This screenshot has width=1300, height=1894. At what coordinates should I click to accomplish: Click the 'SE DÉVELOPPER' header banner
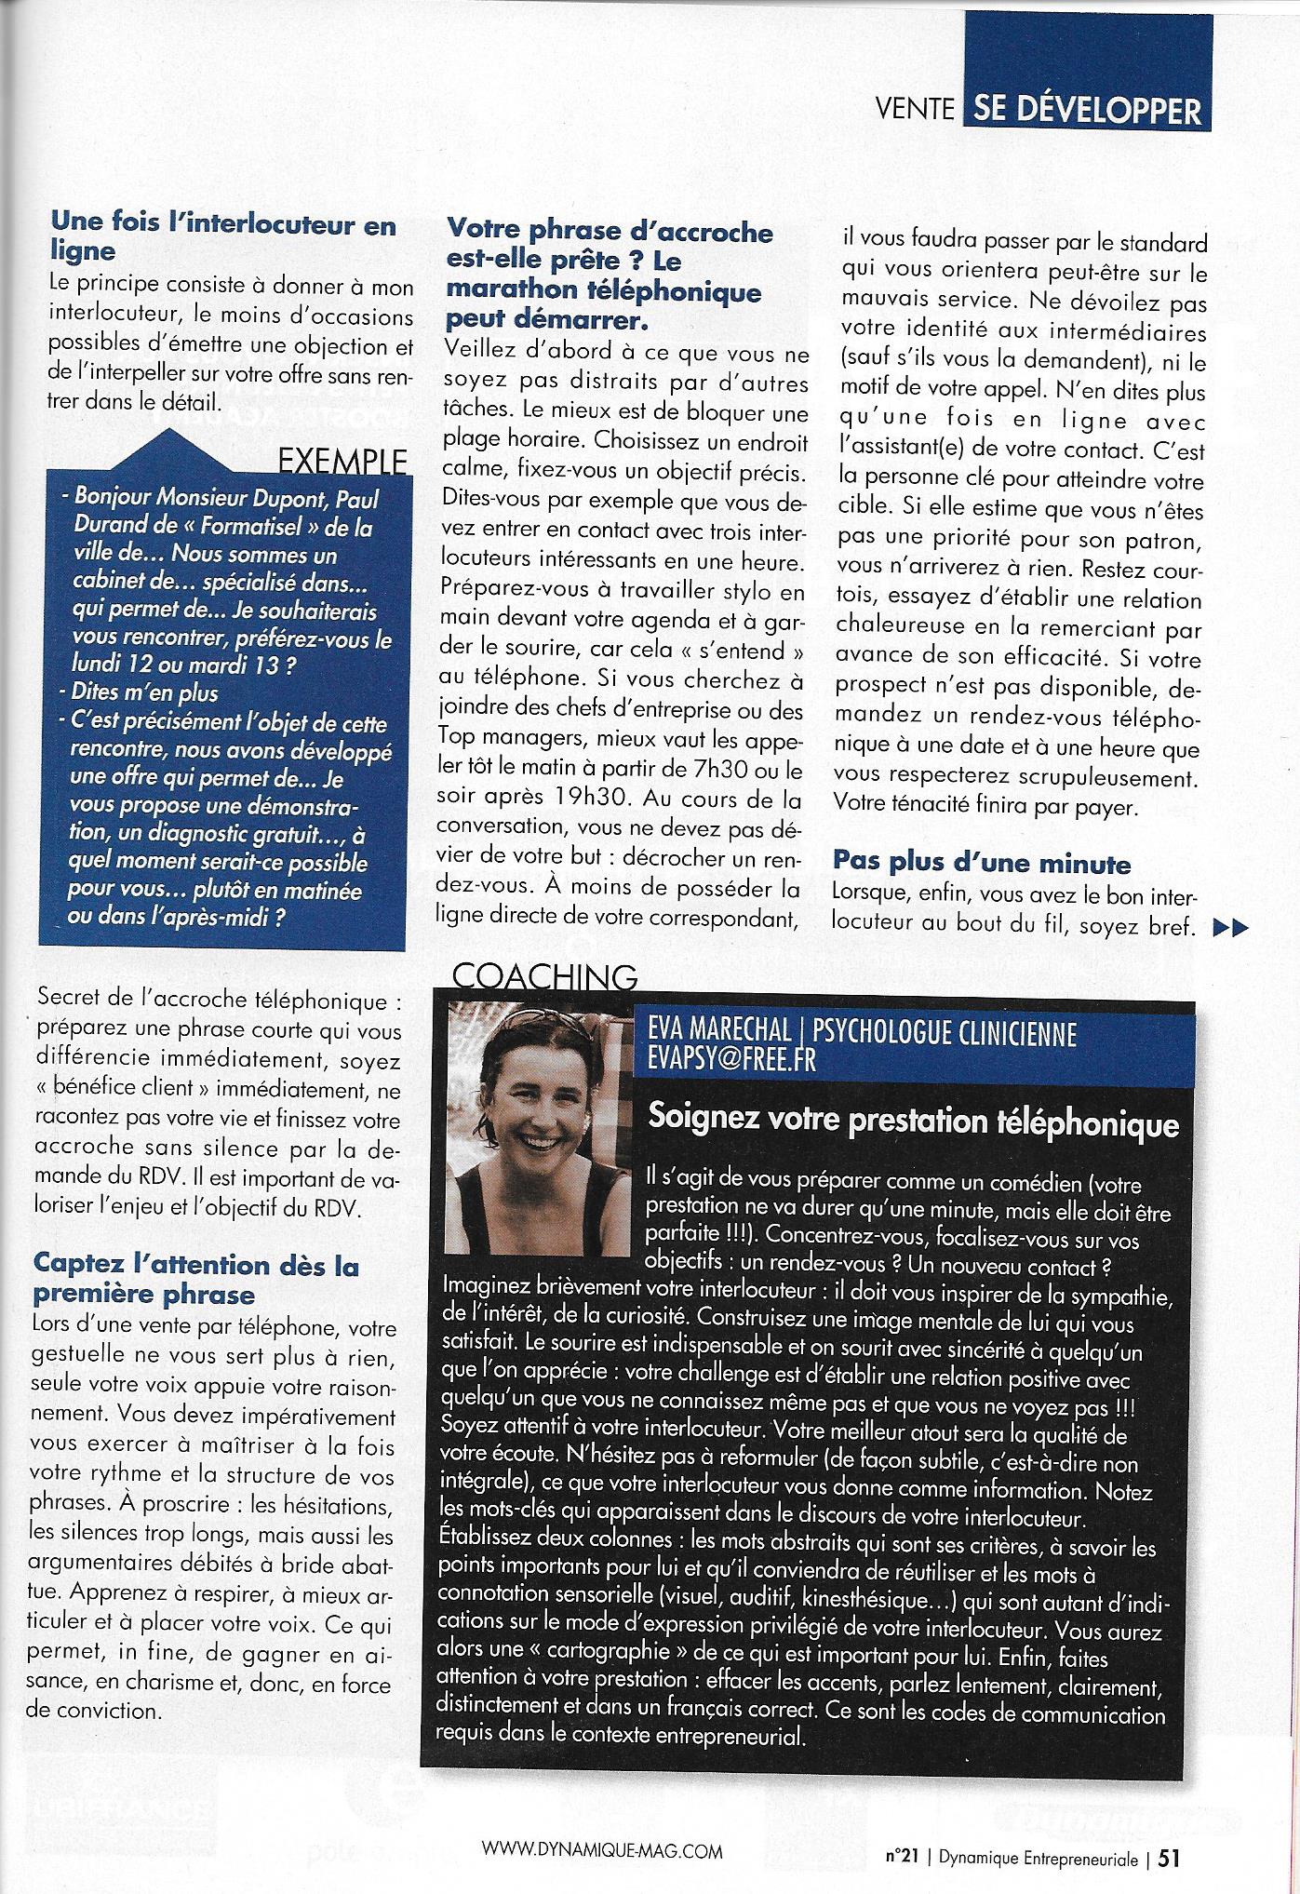coord(1085,112)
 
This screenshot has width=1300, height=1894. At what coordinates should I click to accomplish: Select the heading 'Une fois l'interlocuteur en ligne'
coord(223,237)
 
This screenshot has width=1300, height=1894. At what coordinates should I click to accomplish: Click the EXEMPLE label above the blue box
coord(342,462)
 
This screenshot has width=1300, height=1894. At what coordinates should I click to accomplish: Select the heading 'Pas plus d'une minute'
coord(982,864)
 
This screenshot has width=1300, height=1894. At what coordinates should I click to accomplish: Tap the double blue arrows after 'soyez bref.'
coord(1228,926)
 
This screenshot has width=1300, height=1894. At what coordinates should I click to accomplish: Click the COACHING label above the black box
coord(544,974)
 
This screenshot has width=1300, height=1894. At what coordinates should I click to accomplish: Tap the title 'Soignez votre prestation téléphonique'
coord(913,1122)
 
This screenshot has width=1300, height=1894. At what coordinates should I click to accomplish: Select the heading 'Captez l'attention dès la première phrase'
coord(195,1279)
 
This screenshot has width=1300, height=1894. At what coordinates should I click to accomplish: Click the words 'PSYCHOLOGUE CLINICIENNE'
coord(944,1033)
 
